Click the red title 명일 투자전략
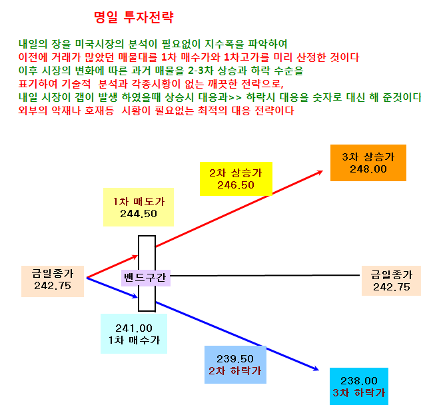(x=134, y=17)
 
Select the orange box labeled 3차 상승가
(x=368, y=163)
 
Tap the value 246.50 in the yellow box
(x=235, y=185)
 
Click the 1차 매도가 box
(x=139, y=207)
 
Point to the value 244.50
(x=139, y=214)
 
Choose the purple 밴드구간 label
(x=146, y=278)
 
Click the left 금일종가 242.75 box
(x=53, y=281)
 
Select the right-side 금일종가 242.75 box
(x=391, y=280)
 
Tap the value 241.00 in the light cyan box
(x=134, y=328)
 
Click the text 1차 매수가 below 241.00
(x=134, y=340)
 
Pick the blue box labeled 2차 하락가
(x=235, y=364)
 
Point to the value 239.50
(x=235, y=358)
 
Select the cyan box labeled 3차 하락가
(x=359, y=386)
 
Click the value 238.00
(x=359, y=380)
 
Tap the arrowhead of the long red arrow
(x=320, y=172)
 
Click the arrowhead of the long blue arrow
(x=316, y=369)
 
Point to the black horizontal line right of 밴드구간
(x=265, y=275)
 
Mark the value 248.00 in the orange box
(x=368, y=169)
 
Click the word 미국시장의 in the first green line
(x=99, y=44)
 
